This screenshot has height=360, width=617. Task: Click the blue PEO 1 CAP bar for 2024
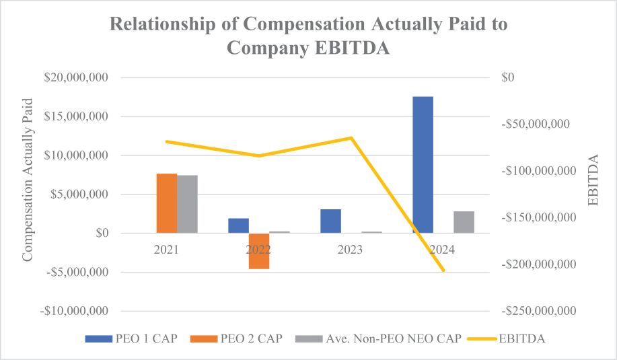[x=423, y=165]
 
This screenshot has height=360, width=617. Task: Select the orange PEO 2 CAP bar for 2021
[x=167, y=203]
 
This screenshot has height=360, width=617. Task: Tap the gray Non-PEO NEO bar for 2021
[x=188, y=204]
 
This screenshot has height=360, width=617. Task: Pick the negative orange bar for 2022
[x=259, y=251]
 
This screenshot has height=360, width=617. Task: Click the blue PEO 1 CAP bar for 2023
[x=330, y=221]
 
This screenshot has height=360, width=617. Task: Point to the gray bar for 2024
[x=464, y=222]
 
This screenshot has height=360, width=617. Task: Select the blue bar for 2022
[x=238, y=225]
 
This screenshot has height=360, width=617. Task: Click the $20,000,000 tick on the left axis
[x=75, y=78]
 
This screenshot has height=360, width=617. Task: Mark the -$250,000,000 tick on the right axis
[x=537, y=312]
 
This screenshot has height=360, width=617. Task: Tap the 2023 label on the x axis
[x=351, y=250]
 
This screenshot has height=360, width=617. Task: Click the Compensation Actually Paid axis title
[x=28, y=180]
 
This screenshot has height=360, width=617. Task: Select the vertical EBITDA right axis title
[x=592, y=180]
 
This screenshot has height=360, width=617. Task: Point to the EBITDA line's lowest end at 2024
[x=443, y=271]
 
